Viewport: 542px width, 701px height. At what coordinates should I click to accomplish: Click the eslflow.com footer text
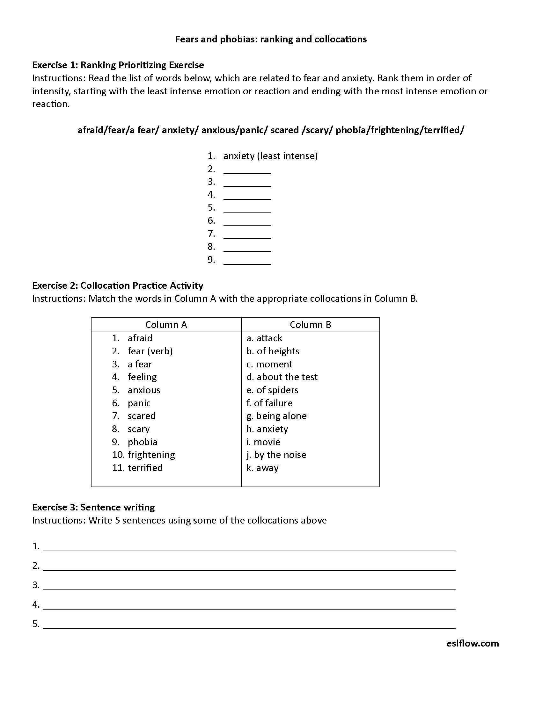tap(472, 643)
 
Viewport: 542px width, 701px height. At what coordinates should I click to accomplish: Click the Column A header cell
tap(166, 324)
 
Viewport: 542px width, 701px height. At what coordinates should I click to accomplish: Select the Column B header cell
tap(310, 324)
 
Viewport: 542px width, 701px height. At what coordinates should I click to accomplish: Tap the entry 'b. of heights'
tap(273, 351)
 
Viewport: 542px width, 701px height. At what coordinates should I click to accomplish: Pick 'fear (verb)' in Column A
tap(150, 351)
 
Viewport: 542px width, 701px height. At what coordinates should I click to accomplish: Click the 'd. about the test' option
tap(282, 377)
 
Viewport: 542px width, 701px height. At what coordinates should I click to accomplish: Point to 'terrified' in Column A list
tap(145, 467)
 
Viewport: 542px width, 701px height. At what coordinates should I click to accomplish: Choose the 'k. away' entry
tap(262, 468)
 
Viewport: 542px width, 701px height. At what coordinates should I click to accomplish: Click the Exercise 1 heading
tap(118, 65)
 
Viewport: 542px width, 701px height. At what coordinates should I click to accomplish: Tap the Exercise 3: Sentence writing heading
tap(93, 507)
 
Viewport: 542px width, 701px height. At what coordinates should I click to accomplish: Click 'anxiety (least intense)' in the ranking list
tap(270, 156)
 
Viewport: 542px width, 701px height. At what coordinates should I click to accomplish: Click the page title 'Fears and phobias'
tap(271, 39)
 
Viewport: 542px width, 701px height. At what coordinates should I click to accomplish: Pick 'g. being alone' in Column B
tap(276, 416)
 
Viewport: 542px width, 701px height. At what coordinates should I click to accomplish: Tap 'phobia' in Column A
tap(142, 442)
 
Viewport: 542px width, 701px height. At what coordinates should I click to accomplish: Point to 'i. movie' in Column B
tap(263, 442)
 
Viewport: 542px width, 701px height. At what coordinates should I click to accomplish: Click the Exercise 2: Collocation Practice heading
tap(118, 285)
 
